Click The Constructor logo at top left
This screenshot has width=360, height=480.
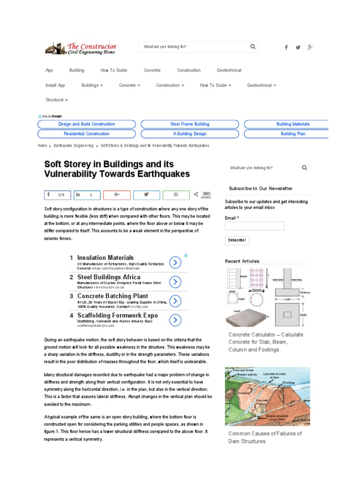pos(81,49)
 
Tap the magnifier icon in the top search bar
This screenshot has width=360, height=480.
pos(253,46)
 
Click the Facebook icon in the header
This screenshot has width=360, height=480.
pos(286,47)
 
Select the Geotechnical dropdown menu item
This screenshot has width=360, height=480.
pos(262,85)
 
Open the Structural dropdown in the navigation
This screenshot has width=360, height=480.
pos(57,100)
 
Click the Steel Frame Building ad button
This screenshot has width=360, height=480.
pos(190,124)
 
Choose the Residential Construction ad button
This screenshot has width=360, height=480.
pos(86,134)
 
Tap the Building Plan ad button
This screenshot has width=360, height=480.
pos(293,134)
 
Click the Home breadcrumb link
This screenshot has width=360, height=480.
pos(42,146)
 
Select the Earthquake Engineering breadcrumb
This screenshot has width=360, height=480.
pos(74,146)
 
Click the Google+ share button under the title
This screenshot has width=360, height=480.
pos(117,195)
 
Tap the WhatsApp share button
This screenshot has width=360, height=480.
pos(176,195)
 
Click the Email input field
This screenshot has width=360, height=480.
pos(255,226)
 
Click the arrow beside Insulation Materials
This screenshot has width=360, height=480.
pos(174,262)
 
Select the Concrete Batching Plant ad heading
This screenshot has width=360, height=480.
pos(112,296)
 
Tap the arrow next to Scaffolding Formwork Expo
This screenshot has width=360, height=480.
pos(174,320)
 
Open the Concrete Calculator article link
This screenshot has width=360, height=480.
pos(266,342)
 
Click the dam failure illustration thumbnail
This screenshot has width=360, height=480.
pos(268,397)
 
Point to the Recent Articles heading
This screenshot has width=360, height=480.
pos(242,261)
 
